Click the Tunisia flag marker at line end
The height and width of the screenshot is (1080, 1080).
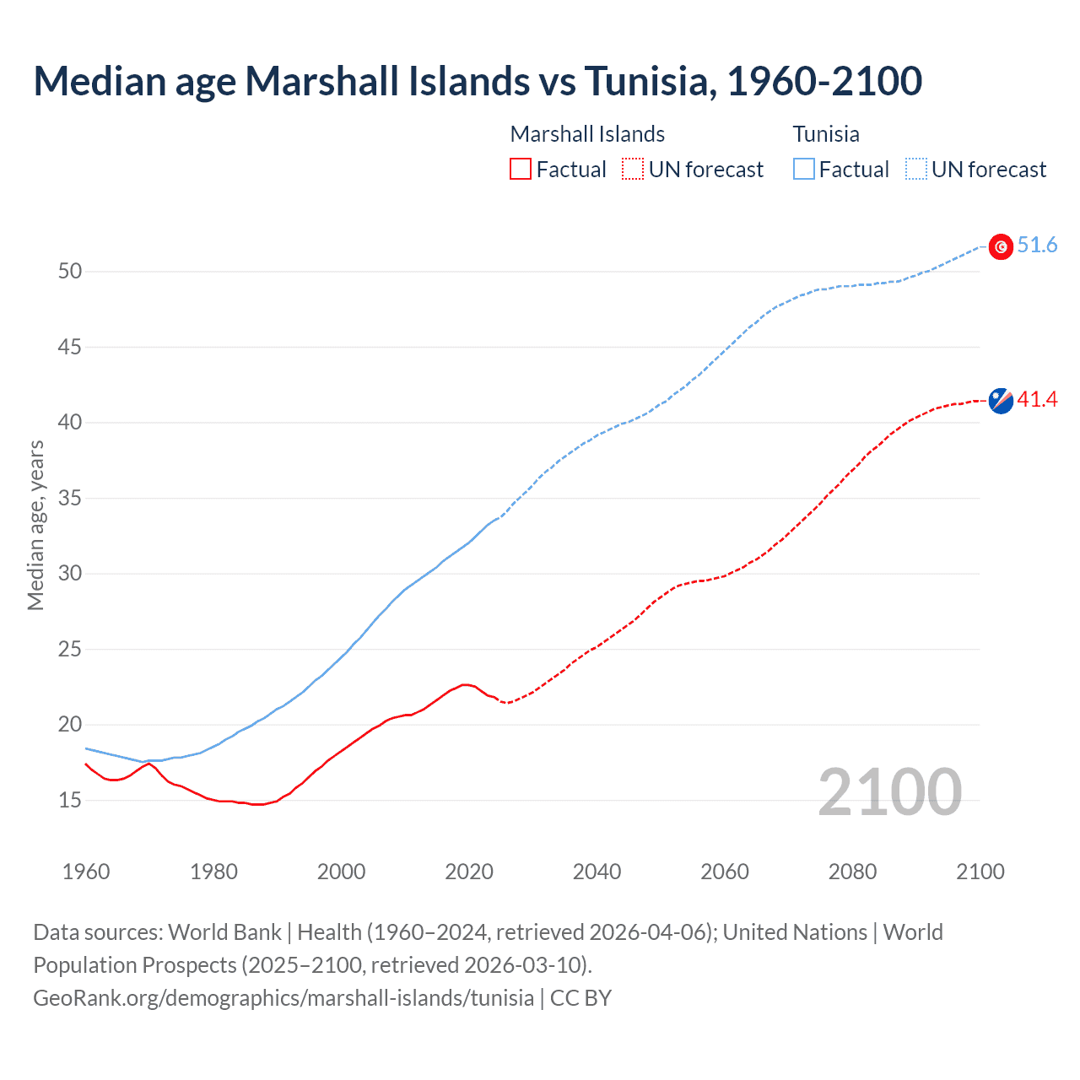pos(1001,246)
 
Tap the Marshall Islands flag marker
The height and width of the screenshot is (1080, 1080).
pos(1001,401)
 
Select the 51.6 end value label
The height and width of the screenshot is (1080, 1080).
pos(1037,246)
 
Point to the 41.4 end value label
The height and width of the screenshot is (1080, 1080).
pos(1037,400)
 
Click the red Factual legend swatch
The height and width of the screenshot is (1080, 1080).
pos(521,170)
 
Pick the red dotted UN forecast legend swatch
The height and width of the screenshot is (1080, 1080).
pos(633,170)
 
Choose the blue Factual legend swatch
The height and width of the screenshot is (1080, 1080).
pos(804,170)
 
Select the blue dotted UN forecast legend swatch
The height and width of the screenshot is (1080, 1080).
pos(915,170)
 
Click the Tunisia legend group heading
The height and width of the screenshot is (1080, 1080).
pos(826,134)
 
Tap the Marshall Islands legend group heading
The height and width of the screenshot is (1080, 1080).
pos(587,134)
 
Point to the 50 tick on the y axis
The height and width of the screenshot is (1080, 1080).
pos(70,272)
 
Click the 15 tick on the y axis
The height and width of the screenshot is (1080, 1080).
pos(70,800)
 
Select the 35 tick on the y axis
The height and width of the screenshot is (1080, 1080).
pos(70,499)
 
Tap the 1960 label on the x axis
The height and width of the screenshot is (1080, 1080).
pos(86,872)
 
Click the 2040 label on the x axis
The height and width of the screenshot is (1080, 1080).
pos(597,872)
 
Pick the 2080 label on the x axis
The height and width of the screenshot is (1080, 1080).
pos(852,872)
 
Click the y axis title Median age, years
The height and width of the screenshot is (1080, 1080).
pos(35,525)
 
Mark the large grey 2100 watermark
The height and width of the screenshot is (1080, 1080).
pos(889,792)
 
